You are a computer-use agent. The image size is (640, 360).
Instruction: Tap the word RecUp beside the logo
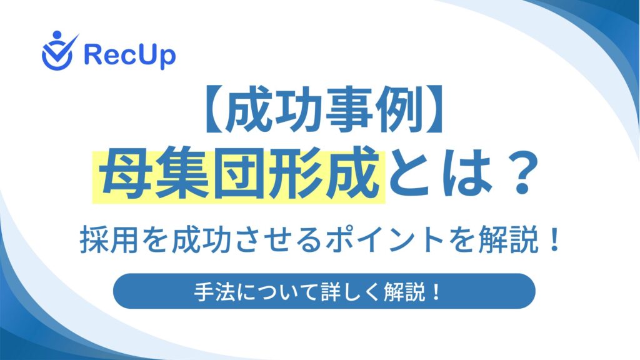coord(130,55)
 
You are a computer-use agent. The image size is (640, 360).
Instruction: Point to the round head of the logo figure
coord(57,35)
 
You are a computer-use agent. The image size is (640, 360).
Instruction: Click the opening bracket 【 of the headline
coord(213,109)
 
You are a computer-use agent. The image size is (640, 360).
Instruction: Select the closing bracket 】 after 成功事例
coord(434,109)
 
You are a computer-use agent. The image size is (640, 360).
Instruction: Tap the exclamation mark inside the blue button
coord(436,292)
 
